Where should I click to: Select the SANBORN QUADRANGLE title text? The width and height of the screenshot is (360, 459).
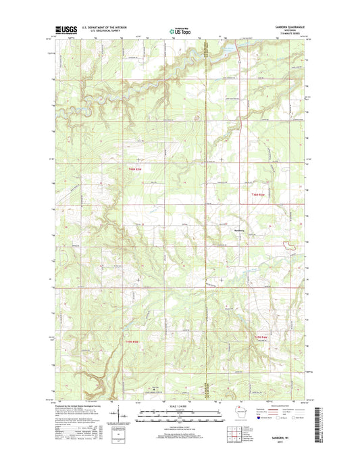pyautogui.click(x=292, y=26)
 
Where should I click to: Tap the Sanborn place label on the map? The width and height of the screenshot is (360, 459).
pyautogui.click(x=222, y=228)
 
